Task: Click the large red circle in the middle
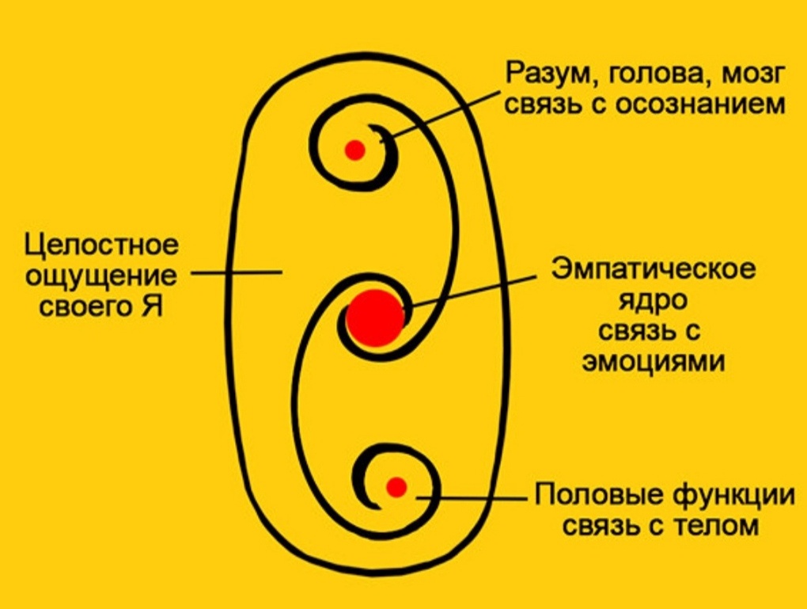point(375,318)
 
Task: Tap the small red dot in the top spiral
point(355,149)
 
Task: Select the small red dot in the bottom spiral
point(396,486)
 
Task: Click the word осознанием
point(697,104)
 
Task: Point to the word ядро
point(654,300)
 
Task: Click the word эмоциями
point(654,360)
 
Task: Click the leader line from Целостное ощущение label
point(237,273)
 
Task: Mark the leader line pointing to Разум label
point(443,116)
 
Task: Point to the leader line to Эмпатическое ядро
point(475,289)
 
